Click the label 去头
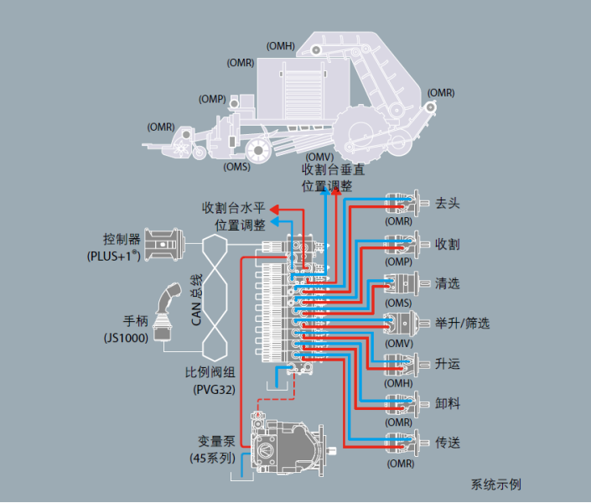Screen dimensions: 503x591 pyautogui.click(x=448, y=204)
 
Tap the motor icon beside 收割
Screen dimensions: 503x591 pyautogui.click(x=402, y=244)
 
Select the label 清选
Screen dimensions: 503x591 pyautogui.click(x=448, y=283)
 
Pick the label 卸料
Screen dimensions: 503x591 pyautogui.click(x=448, y=404)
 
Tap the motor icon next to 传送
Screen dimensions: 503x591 pyautogui.click(x=402, y=442)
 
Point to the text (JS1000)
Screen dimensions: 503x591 pyautogui.click(x=123, y=337)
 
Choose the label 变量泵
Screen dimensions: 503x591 pyautogui.click(x=213, y=442)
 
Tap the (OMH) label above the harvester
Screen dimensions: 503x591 pyautogui.click(x=280, y=45)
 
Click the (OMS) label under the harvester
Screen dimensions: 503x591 pyautogui.click(x=237, y=166)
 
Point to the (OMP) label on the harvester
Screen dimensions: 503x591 pyautogui.click(x=212, y=99)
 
